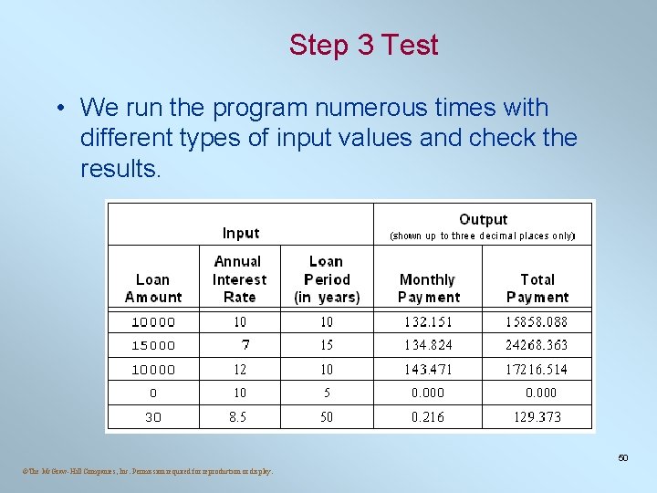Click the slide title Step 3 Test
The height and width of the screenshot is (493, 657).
tap(363, 45)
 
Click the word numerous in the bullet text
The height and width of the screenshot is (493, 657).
tap(362, 108)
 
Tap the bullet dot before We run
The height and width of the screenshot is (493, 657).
tap(57, 109)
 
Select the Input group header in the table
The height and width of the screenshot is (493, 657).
tap(241, 233)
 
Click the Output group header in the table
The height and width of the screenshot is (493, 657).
tap(483, 219)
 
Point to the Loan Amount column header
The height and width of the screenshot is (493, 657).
tap(153, 288)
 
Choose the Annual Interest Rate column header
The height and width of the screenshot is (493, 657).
tap(239, 279)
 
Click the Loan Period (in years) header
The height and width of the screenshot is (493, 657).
tap(327, 279)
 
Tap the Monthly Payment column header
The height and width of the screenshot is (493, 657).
tap(428, 288)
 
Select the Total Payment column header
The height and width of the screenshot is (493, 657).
tap(537, 288)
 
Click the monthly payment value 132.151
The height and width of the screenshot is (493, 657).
tap(428, 322)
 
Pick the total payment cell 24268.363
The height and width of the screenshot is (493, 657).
tap(537, 345)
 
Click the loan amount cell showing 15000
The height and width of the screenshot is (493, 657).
tap(153, 346)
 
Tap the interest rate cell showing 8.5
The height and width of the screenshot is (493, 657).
tap(239, 417)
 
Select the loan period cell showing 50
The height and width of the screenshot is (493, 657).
tap(327, 417)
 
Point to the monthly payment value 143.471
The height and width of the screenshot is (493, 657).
tap(428, 370)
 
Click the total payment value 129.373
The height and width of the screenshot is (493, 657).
tap(537, 417)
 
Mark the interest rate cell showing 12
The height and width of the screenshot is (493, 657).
tap(239, 370)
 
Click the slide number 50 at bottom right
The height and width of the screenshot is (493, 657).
tap(623, 457)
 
